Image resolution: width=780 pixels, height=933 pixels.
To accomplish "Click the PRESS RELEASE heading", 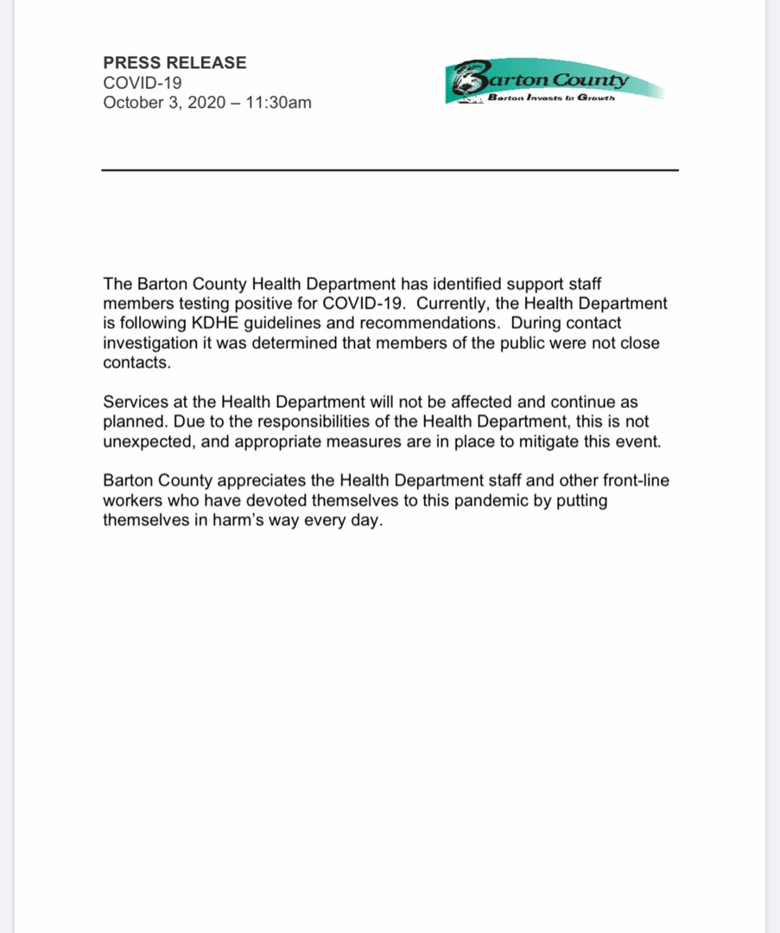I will click(x=174, y=63).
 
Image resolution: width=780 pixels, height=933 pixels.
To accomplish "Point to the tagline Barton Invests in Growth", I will click(x=550, y=98).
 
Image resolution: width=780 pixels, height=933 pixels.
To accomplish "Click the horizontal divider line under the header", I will click(x=390, y=170).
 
